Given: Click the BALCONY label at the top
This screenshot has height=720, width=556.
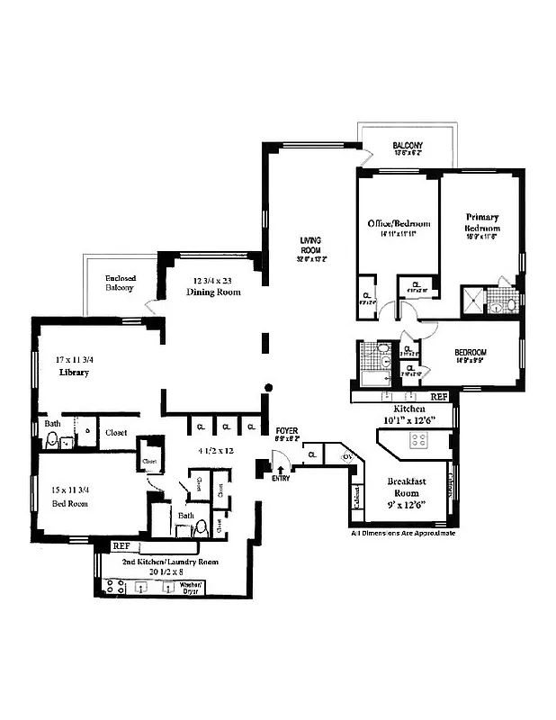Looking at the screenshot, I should [x=408, y=146].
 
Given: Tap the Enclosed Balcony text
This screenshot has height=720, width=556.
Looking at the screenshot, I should [x=120, y=283].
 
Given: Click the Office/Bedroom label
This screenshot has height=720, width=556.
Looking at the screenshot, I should [x=398, y=223].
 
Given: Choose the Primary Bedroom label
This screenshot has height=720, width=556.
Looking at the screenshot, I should [x=482, y=222].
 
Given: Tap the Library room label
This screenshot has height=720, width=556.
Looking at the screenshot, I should [x=75, y=372].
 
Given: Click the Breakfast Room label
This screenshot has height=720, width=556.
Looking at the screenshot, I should [x=406, y=487].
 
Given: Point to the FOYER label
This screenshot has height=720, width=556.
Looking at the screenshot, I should [x=286, y=431].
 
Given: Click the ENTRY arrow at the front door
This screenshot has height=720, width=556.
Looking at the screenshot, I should [x=282, y=469].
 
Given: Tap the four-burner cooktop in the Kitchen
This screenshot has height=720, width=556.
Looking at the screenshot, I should [x=418, y=440].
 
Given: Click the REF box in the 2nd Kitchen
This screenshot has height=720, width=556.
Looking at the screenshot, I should [x=121, y=545].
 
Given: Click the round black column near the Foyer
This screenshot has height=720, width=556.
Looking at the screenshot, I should [x=266, y=388].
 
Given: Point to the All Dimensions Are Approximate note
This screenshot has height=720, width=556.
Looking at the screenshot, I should [x=402, y=534].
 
